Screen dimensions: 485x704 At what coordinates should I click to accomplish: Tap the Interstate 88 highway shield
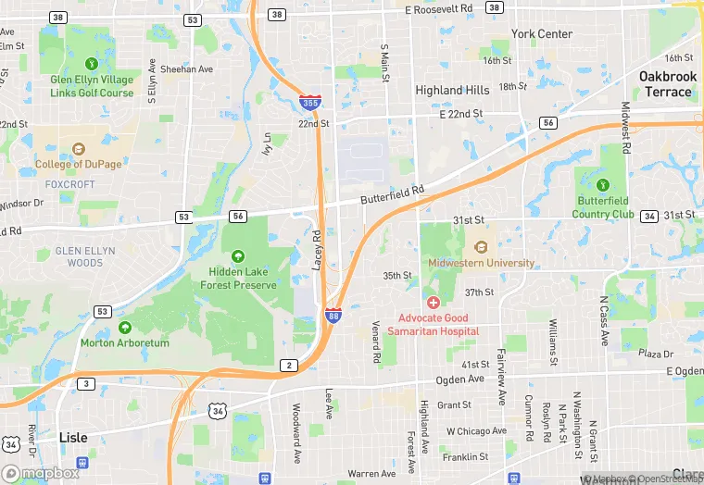click(x=333, y=316)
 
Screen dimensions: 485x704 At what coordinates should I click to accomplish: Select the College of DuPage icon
click(x=78, y=148)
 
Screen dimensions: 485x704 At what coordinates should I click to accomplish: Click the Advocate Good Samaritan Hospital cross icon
click(x=433, y=303)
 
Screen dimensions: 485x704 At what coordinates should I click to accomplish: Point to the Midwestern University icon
click(x=481, y=246)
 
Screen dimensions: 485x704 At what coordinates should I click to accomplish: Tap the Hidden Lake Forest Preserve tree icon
click(x=238, y=255)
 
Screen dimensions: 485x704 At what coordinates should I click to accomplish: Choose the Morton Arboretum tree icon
click(x=125, y=327)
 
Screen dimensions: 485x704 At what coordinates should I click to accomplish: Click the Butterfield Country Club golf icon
click(x=604, y=184)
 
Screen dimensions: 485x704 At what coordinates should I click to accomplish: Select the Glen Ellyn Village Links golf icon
click(x=92, y=63)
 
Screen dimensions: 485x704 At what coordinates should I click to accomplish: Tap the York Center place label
click(x=542, y=34)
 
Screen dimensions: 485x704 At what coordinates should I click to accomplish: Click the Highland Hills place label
click(x=452, y=90)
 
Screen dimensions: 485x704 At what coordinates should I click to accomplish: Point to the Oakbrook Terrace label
click(x=665, y=83)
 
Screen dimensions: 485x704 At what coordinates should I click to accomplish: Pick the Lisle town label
click(x=73, y=437)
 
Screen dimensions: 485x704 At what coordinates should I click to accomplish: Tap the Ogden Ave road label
click(x=461, y=379)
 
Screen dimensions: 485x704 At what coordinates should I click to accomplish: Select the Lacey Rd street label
click(x=317, y=250)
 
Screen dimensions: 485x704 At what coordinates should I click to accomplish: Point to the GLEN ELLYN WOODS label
click(x=85, y=256)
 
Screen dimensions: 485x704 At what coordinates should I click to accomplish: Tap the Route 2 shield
click(x=289, y=366)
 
